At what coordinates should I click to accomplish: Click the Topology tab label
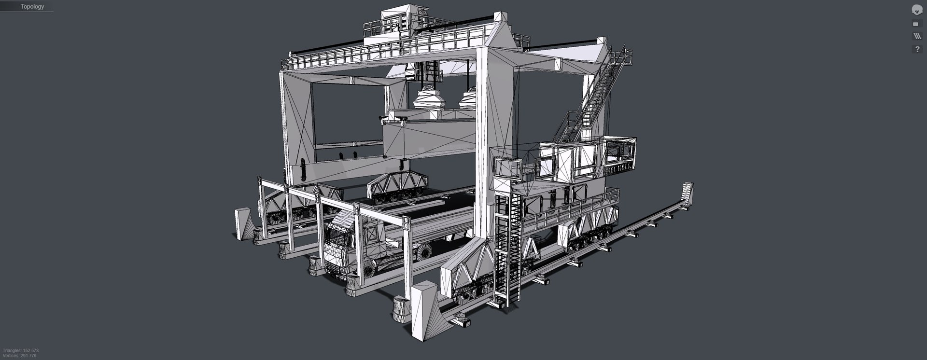pyautogui.click(x=32, y=7)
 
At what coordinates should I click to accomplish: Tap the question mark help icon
pyautogui.click(x=916, y=49)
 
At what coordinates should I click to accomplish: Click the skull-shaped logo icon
pyautogui.click(x=916, y=9)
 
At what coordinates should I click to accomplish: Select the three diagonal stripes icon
pyautogui.click(x=916, y=36)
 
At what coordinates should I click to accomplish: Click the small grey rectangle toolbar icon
pyautogui.click(x=916, y=24)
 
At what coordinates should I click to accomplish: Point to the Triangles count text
pyautogui.click(x=21, y=350)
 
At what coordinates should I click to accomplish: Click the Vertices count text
pyautogui.click(x=19, y=356)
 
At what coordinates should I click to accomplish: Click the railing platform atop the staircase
pyautogui.click(x=621, y=56)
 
